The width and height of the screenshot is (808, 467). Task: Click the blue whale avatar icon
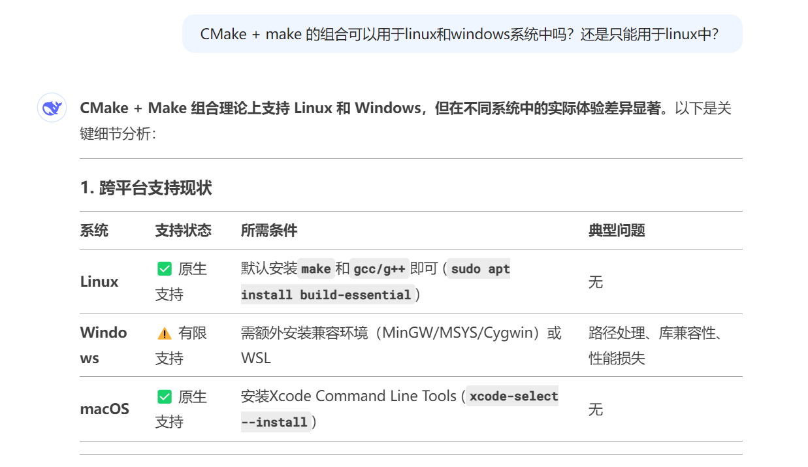click(x=52, y=108)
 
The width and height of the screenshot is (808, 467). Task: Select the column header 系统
click(x=94, y=231)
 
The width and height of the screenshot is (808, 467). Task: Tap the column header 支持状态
click(x=183, y=231)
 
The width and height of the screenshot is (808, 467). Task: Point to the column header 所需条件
click(x=269, y=231)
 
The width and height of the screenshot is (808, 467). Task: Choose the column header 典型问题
click(x=617, y=231)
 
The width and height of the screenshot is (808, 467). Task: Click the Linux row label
click(x=99, y=282)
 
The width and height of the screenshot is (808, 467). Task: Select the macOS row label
click(x=105, y=410)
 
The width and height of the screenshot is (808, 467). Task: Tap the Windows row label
click(x=103, y=345)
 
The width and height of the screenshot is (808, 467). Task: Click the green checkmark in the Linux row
click(x=165, y=269)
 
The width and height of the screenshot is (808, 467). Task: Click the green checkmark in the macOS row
click(x=165, y=397)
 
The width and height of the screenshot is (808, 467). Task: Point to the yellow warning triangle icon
click(x=165, y=334)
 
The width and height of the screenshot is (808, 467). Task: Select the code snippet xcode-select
click(x=513, y=396)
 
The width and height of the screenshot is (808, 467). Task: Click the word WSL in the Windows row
click(x=255, y=358)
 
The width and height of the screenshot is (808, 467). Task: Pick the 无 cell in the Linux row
click(x=596, y=282)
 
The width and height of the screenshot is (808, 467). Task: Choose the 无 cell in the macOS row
click(x=596, y=410)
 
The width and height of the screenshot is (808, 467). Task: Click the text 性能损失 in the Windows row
click(x=617, y=358)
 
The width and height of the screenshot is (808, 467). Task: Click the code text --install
click(x=274, y=422)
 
